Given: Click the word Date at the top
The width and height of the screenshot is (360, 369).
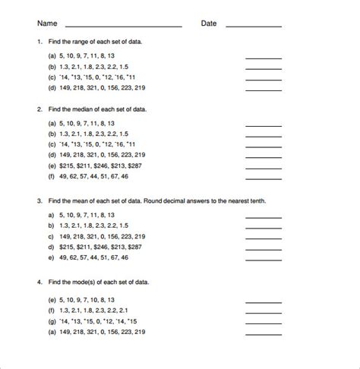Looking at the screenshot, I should pos(209,24).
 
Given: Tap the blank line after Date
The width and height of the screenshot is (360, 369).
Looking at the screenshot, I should pos(254,27).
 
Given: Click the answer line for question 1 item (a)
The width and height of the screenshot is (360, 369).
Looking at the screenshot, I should pos(263,58).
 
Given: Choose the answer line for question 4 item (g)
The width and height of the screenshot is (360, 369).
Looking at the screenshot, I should pos(263,322).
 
